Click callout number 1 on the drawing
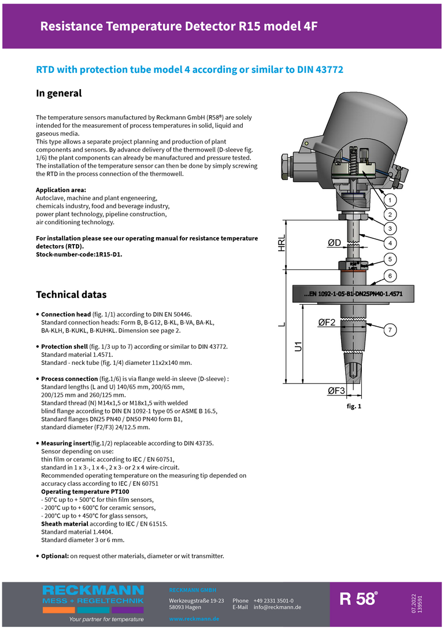point(390,200)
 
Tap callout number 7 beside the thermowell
point(390,330)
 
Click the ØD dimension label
point(334,243)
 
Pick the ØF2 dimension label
point(327,323)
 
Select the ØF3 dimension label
point(336,391)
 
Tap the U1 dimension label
point(299,346)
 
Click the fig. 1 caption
point(353,407)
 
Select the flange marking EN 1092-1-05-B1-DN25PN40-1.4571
point(353,294)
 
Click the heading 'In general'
point(59,93)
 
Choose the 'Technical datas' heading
point(71,294)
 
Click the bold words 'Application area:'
point(61,190)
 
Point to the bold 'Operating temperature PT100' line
point(85,492)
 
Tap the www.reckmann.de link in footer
point(194,619)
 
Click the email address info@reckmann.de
point(277,607)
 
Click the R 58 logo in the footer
point(358,599)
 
